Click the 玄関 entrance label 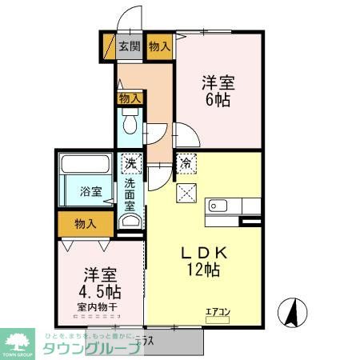tap(130, 46)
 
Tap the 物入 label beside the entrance tap(159, 46)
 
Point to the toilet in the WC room tap(130, 126)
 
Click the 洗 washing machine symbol tap(130, 164)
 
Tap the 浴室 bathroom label tap(90, 192)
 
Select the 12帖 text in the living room tap(203, 270)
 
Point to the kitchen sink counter tap(224, 206)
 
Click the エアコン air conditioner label tap(218, 311)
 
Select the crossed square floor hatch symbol tap(186, 194)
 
